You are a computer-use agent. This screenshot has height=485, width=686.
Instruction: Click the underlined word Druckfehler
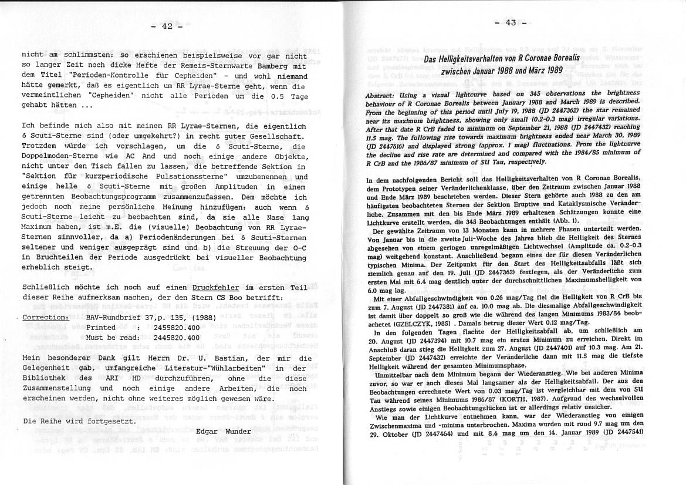pyautogui.click(x=215, y=288)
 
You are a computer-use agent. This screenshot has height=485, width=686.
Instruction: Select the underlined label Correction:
pyautogui.click(x=45, y=318)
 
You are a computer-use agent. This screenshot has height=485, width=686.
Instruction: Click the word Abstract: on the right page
pyautogui.click(x=383, y=96)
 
